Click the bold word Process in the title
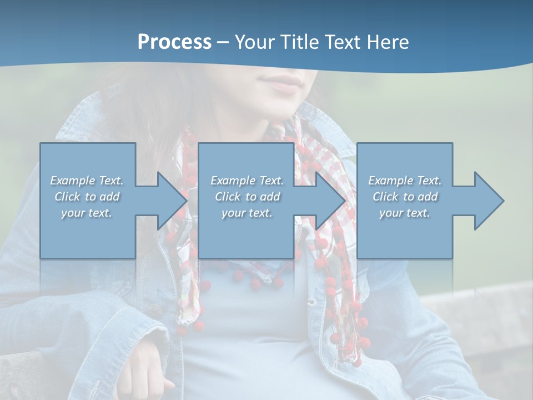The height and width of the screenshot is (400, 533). coord(174,42)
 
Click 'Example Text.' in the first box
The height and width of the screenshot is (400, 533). coord(87,181)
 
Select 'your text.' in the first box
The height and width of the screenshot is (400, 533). coord(87,213)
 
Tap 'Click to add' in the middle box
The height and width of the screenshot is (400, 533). coord(247,197)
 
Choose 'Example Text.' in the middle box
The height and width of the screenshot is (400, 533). coord(247,181)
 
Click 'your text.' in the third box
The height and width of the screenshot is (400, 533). coord(405,213)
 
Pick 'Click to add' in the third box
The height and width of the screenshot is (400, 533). coord(405,197)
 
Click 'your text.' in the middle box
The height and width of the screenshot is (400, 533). coord(247,213)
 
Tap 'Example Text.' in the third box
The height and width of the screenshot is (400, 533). coord(405,181)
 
